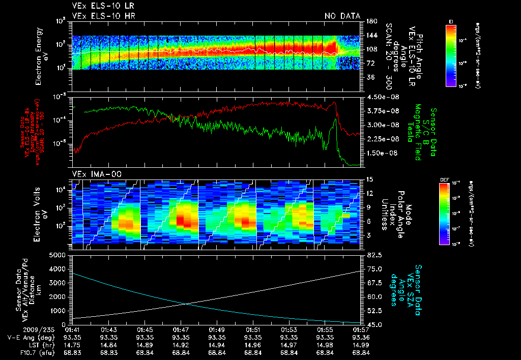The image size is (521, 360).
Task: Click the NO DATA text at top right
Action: pos(342,16)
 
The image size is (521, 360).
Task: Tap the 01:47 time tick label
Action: pos(181,329)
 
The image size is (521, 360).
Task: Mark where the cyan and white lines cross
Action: pos(185,304)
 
